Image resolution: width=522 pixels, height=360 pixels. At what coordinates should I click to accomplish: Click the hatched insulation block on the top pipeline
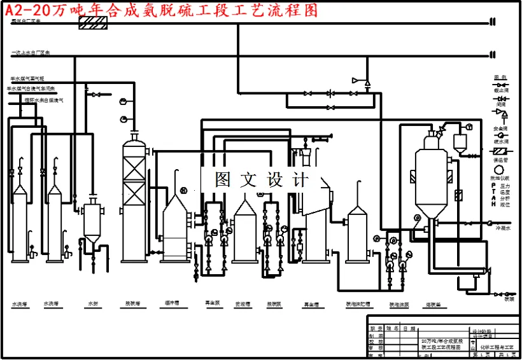click(92, 23)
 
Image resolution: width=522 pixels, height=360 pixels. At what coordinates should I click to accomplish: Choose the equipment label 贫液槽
click(242, 304)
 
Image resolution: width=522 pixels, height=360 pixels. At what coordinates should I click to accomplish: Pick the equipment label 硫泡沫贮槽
click(358, 304)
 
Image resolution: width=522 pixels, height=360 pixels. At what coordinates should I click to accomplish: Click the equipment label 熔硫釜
click(434, 305)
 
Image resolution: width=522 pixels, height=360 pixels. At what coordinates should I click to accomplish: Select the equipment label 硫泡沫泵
click(399, 305)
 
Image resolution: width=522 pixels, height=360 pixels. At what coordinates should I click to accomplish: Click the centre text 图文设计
click(261, 179)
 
